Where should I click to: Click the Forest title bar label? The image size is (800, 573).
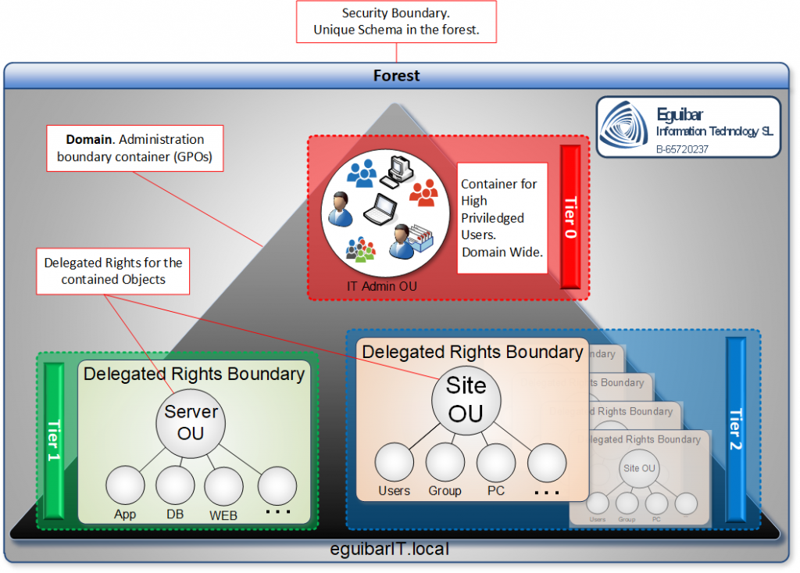[x=396, y=76]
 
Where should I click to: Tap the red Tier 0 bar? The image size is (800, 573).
[x=570, y=217]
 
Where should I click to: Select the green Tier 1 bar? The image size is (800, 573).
[x=54, y=441]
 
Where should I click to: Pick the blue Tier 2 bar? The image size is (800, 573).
[x=735, y=429]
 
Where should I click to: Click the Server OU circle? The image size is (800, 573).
[x=191, y=423]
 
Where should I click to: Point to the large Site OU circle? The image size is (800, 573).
[x=466, y=399]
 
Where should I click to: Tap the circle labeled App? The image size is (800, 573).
[x=125, y=485]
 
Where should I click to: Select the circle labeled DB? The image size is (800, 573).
[x=175, y=485]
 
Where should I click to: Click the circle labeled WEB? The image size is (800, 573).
[x=223, y=486]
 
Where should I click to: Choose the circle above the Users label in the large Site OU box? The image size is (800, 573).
[x=394, y=462]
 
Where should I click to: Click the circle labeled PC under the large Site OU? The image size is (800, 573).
[x=495, y=462]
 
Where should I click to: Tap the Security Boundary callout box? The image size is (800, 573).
[x=396, y=22]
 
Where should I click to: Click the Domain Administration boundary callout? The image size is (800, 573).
[x=135, y=149]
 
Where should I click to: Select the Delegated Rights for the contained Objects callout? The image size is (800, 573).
[x=114, y=271]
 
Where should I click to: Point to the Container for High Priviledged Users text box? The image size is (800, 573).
[x=502, y=218]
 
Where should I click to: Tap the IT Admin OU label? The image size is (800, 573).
[x=382, y=286]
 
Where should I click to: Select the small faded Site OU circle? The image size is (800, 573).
[x=638, y=468]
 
